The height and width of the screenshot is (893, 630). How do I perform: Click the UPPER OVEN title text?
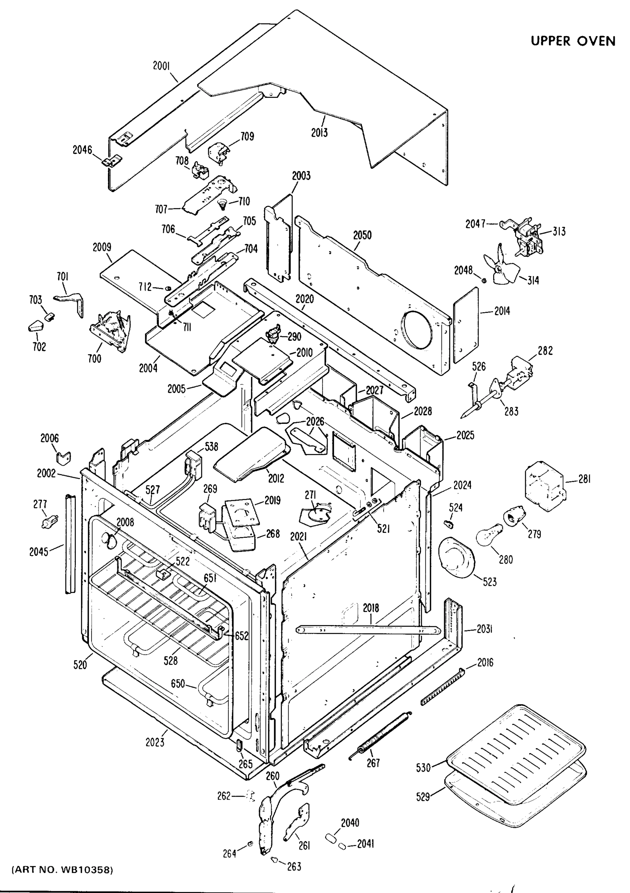coord(572,41)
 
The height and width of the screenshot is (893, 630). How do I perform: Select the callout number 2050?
coord(362,235)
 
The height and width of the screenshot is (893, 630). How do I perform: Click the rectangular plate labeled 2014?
coord(466,324)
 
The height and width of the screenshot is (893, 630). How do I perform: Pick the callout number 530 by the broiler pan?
coord(423,767)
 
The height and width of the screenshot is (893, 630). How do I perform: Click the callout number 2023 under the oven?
coord(155,742)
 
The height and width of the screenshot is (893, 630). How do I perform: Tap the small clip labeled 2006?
coord(63,458)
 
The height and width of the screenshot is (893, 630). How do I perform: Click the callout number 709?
coord(247,136)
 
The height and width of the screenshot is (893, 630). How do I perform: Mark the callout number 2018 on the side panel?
coord(371,608)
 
